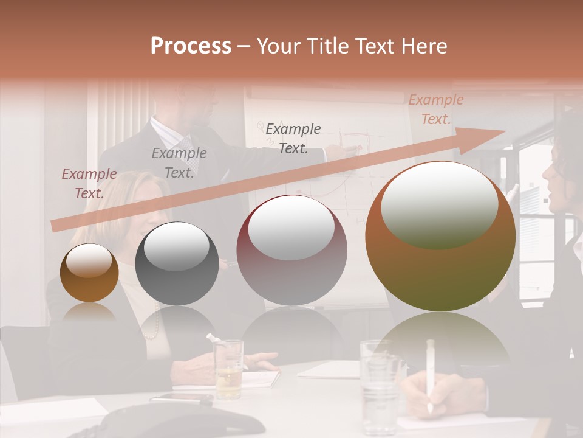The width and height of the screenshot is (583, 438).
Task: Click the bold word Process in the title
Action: click(x=191, y=46)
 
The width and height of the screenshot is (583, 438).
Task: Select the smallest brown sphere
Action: click(x=89, y=273)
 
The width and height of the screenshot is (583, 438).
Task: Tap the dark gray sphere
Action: click(x=177, y=265)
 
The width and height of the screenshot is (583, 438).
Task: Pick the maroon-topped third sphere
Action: click(x=291, y=251)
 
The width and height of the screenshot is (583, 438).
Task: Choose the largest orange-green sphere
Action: click(x=440, y=236)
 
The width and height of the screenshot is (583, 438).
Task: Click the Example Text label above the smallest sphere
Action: click(x=89, y=183)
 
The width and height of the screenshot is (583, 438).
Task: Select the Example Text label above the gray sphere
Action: click(x=179, y=162)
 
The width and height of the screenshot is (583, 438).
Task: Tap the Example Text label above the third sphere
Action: click(x=293, y=138)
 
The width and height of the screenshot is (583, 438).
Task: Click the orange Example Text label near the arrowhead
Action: click(x=436, y=109)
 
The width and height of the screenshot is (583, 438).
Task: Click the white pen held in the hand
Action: click(x=431, y=374)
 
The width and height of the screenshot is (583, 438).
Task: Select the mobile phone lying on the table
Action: click(x=181, y=398)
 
